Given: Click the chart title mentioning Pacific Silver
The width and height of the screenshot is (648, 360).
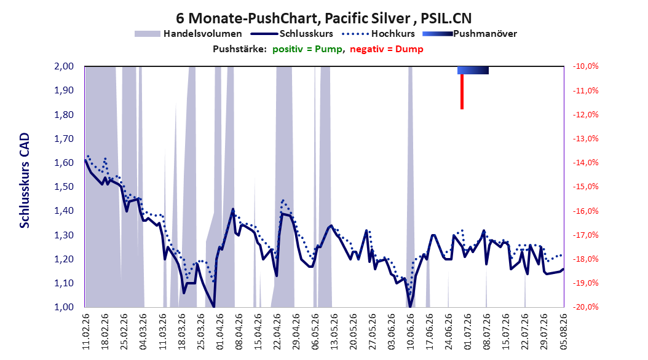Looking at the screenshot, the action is pos(323,18).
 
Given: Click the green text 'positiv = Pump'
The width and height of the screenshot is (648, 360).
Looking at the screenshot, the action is pos(307,49).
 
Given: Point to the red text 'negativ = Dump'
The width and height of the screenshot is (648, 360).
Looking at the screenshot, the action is pos(387,49).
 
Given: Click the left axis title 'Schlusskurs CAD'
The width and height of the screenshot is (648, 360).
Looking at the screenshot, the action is pos(25,181).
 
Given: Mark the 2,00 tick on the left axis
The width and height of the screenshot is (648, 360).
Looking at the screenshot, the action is pos(64,66).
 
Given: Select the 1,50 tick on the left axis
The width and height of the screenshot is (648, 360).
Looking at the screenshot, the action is pos(64,187).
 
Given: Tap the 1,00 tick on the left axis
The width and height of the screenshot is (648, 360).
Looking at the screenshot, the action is pos(64,307).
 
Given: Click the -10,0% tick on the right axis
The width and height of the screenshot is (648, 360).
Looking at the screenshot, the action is pos(585,66).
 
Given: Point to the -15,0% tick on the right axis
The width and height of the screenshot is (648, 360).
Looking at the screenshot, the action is pos(585,187).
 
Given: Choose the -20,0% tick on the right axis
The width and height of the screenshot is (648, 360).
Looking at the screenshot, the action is pos(585,307).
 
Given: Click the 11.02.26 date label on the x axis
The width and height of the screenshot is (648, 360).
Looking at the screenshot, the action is pos(86,332).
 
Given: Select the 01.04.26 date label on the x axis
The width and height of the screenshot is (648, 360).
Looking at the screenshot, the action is pos(220,332).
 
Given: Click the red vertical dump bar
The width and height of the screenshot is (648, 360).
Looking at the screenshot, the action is pos(462,92).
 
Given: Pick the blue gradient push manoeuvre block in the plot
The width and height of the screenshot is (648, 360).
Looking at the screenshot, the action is pos(473,70).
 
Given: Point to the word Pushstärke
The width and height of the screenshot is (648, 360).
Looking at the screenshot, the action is pos(239,49).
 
